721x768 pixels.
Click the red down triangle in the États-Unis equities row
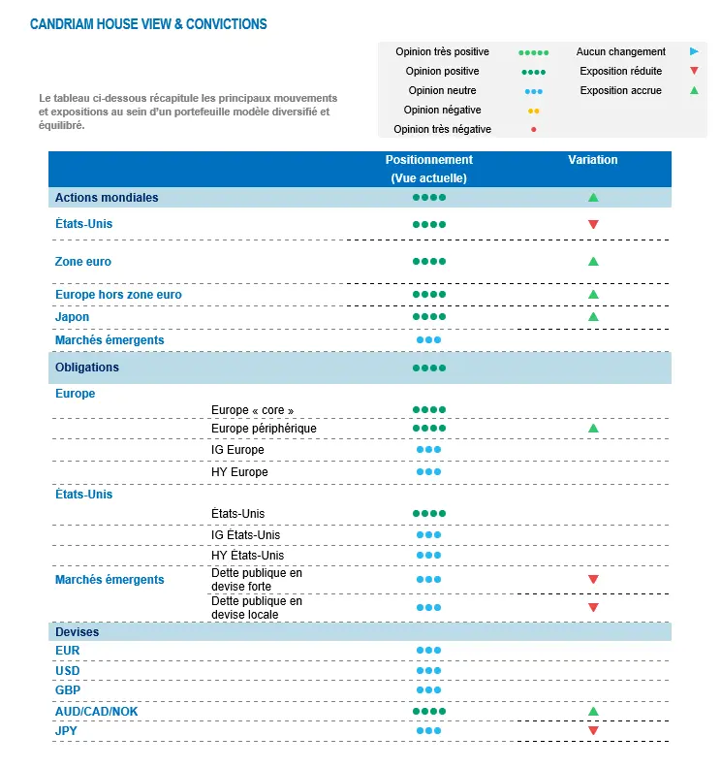coord(593,225)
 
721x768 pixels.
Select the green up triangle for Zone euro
coord(593,262)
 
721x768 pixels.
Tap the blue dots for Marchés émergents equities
coord(428,340)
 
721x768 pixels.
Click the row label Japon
coord(72,317)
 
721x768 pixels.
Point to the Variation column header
coord(593,160)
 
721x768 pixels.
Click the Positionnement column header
coord(428,160)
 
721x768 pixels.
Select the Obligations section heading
coord(87,368)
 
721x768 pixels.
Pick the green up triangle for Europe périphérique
coord(593,428)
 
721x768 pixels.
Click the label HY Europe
coord(239,472)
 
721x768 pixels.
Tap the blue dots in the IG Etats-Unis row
coord(428,535)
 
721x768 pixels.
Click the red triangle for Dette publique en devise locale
coord(593,608)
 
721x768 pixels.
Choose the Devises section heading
coord(77,632)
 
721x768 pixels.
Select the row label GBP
coord(68,690)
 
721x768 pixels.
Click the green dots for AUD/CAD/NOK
coord(428,712)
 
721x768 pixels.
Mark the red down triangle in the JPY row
coord(593,730)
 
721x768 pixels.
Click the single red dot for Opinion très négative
coord(534,129)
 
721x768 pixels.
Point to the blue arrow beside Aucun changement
coord(694,51)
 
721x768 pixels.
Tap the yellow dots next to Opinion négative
coord(534,111)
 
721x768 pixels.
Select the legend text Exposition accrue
coord(621,90)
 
